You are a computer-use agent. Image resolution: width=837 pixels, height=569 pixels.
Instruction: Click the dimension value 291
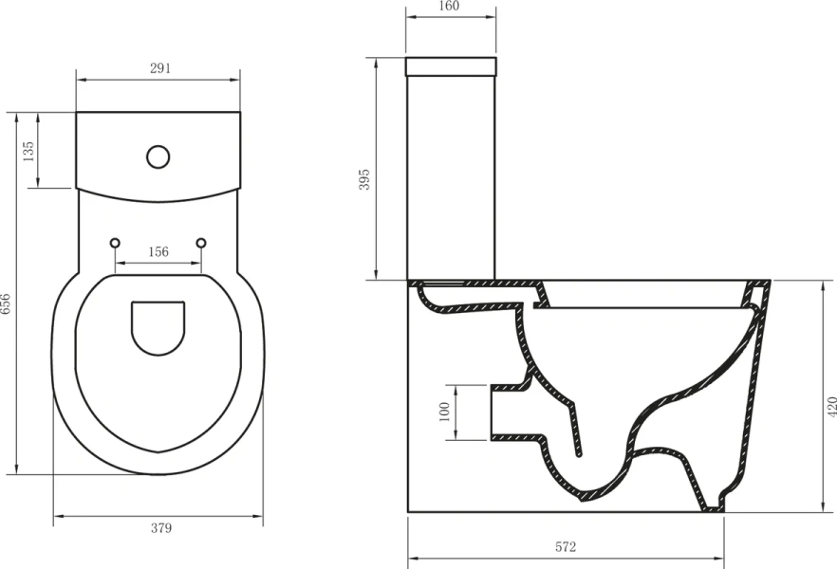click(x=158, y=68)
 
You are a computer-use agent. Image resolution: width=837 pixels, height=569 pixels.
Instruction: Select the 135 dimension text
click(x=28, y=150)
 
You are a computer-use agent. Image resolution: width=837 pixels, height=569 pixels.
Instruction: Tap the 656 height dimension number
click(x=7, y=303)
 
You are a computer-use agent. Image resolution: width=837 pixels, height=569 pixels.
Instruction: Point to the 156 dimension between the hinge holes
click(x=158, y=252)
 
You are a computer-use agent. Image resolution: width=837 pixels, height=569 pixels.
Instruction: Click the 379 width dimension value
click(x=158, y=528)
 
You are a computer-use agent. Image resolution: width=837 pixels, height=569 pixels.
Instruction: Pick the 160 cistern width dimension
click(x=450, y=7)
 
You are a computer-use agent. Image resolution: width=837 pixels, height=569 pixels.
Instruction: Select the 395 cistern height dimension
click(x=365, y=179)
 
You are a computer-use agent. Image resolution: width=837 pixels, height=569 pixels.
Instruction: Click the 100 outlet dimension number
click(x=444, y=413)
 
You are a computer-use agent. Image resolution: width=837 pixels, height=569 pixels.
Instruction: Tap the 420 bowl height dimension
click(x=831, y=406)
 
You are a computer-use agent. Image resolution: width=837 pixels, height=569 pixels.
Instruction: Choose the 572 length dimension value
click(x=566, y=547)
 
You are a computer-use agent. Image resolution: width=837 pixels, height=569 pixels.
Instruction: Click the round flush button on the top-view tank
click(x=158, y=156)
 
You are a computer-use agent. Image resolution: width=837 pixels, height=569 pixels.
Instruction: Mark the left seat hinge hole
click(x=115, y=243)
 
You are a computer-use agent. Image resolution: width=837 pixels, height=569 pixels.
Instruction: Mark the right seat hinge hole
click(x=200, y=243)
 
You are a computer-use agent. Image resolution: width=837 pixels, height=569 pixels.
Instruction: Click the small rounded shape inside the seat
click(x=158, y=328)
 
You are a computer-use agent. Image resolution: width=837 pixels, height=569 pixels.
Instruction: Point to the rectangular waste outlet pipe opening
click(x=503, y=413)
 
